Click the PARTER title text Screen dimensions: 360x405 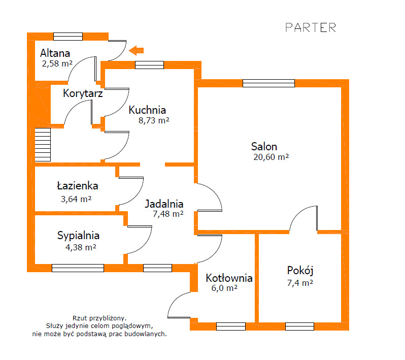pos(311,27)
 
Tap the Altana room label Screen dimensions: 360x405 pos(55,53)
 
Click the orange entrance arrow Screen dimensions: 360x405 pos(137,50)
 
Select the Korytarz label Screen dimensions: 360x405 pos(83,94)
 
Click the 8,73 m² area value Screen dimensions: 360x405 pos(153,121)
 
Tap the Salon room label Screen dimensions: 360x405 pos(264,147)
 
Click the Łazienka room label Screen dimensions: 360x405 pos(78,186)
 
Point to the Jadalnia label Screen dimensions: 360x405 pos(164,204)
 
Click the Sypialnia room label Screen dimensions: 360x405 pos(78,236)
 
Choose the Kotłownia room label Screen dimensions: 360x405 pos(229,278)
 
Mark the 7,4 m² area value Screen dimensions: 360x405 pos(299,283)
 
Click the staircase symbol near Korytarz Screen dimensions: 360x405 pos(43,145)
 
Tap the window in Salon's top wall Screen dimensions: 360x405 pos(268,83)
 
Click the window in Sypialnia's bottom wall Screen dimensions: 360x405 pos(78,268)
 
